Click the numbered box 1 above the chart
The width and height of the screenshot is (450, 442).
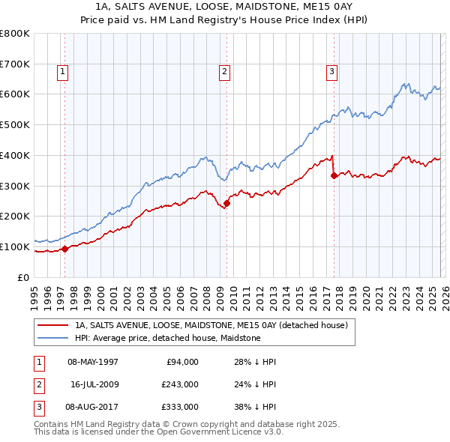coord(61,72)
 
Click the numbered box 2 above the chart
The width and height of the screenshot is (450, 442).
coord(224,72)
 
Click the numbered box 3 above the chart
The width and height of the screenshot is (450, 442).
coord(331,72)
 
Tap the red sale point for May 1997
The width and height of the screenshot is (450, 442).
coord(65,249)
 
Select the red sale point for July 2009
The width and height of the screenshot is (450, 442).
coord(226,203)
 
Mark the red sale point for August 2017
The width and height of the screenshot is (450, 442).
coord(334,176)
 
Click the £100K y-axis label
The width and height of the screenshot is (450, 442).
coord(16,246)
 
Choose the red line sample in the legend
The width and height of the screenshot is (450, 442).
coord(53,326)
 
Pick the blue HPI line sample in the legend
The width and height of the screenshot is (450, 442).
coord(53,339)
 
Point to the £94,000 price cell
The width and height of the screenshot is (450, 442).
coord(180,362)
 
